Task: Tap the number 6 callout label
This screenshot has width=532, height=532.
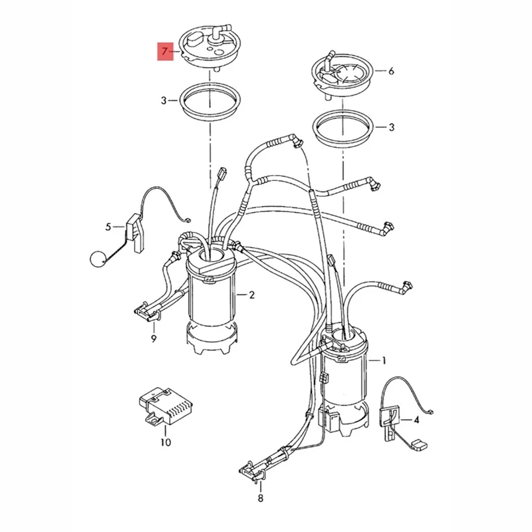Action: click(x=391, y=70)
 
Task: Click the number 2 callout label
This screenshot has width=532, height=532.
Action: click(x=251, y=295)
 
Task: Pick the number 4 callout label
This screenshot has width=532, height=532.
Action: click(x=416, y=420)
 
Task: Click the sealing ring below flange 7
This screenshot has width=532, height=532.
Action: click(x=210, y=102)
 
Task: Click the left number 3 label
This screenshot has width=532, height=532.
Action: click(x=164, y=101)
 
